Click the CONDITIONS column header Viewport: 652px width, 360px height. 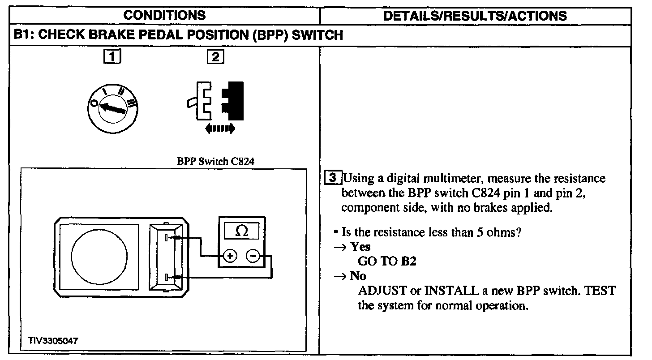point(164,15)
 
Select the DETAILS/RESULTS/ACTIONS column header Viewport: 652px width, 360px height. point(475,16)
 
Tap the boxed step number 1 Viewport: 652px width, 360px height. point(112,57)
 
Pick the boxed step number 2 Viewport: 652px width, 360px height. point(215,57)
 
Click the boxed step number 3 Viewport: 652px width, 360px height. point(332,178)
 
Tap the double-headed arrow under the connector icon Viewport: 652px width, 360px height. point(219,129)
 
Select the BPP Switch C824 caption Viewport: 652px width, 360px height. point(216,162)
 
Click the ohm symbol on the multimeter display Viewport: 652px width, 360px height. point(241,231)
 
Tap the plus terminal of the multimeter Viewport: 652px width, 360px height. point(230,256)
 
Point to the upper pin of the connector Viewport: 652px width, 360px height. point(167,237)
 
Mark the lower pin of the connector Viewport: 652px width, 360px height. point(167,278)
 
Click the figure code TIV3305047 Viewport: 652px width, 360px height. point(53,341)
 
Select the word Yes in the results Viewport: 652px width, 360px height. point(360,247)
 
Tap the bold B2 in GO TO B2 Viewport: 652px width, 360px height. point(408,261)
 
